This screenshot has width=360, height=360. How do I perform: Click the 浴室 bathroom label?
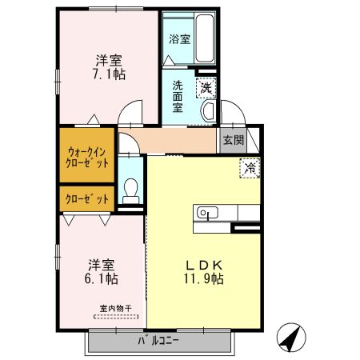179,38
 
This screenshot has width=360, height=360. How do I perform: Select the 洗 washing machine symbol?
206,87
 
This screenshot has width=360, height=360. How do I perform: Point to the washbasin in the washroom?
207,111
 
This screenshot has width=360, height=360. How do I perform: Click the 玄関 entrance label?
233,140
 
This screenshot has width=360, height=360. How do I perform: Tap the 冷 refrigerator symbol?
250,168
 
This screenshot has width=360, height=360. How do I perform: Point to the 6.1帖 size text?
102,279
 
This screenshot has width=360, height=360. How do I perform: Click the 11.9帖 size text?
205,279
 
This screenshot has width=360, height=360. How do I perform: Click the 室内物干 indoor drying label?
115,308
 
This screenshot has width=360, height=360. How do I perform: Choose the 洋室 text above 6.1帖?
102,265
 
